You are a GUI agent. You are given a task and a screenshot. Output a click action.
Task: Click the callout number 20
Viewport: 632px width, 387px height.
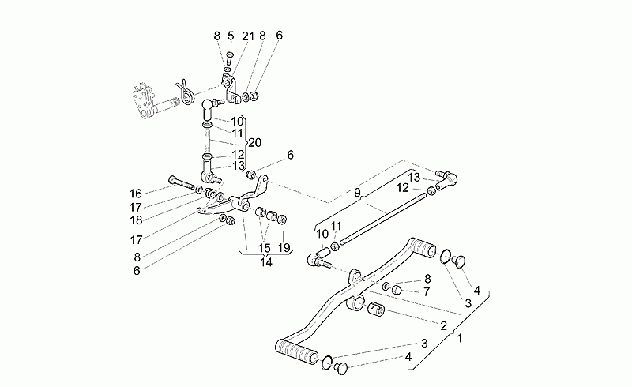coord(254,143)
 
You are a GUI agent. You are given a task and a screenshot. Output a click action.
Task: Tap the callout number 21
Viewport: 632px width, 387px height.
coord(248,36)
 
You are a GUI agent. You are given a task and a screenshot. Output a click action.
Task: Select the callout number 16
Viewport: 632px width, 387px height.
coord(136,193)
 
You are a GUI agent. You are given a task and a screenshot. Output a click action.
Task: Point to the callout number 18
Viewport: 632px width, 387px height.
coord(136,220)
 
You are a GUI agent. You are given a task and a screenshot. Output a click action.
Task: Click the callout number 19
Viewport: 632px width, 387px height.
coord(284,247)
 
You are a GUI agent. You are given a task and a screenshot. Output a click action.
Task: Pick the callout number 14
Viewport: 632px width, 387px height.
coord(266,262)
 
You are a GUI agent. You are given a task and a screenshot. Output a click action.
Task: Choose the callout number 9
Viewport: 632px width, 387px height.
coord(358,193)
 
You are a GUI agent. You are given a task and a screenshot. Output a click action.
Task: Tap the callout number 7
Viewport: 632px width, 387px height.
coord(427,291)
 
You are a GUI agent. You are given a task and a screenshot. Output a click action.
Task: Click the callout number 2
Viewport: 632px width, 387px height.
coord(443,325)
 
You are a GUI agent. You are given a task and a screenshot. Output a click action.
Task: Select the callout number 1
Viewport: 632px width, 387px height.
coord(459,338)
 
